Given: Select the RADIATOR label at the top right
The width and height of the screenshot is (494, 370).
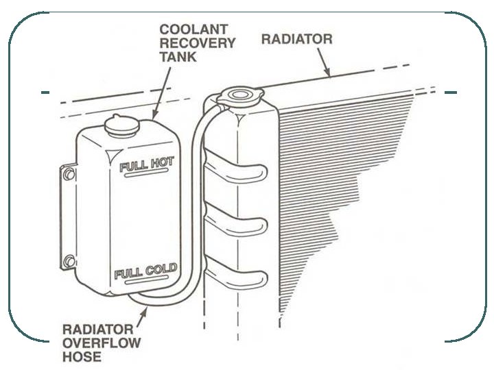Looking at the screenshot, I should pos(296,39).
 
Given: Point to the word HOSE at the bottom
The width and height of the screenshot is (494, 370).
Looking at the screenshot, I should pos(81,356).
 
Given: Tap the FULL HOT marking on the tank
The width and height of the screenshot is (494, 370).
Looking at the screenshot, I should pos(147,165).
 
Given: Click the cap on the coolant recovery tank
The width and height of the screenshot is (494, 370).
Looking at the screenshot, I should pos(122,125).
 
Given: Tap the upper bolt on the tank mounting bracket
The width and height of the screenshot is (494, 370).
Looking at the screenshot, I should pos(69,175).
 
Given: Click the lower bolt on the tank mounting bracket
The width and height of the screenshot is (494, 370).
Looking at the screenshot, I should pos(69,260).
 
